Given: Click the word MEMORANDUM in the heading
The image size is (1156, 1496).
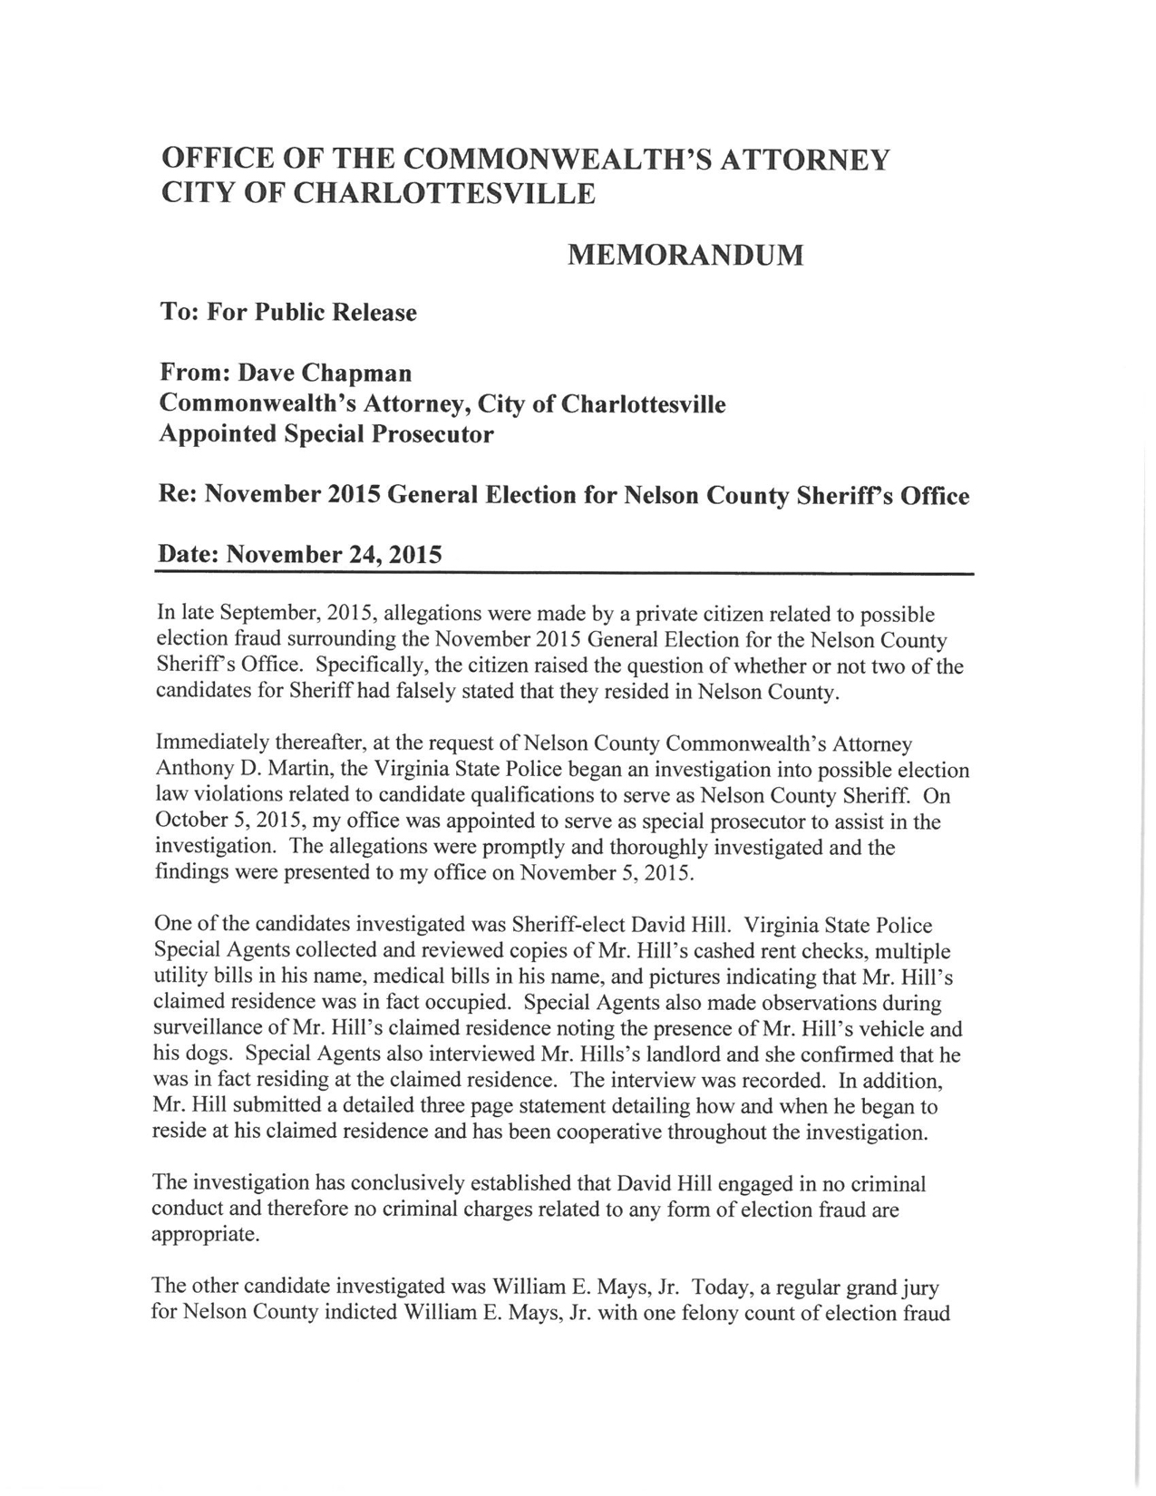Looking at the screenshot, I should (685, 256).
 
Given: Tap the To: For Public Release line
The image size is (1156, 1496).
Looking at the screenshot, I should (288, 313).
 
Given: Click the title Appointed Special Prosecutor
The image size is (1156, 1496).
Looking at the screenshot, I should (326, 434).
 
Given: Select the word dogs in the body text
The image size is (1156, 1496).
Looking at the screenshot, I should (217, 1055).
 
